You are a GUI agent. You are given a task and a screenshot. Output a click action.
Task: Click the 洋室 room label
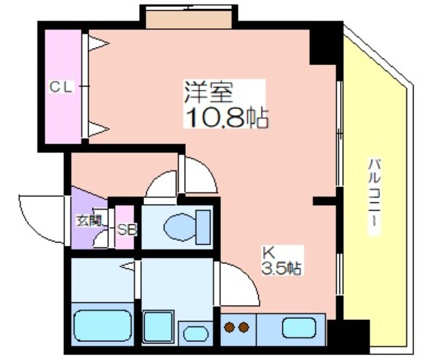pos(209,92)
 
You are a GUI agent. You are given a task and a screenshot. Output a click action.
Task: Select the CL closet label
pos(61,87)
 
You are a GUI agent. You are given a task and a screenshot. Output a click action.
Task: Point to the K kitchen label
pos(268,252)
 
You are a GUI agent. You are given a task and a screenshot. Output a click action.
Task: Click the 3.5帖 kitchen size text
pos(282,269)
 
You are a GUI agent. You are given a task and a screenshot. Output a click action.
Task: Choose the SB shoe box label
pos(126,230)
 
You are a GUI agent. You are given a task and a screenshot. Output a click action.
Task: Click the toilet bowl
pos(180,228)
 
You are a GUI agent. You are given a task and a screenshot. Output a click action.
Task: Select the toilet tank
pos(203,228)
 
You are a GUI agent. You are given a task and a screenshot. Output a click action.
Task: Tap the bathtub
pos(102,325)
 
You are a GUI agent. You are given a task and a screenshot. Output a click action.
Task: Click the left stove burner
pos(230,327)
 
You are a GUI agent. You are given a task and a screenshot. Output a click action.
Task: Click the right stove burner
pos(244,327)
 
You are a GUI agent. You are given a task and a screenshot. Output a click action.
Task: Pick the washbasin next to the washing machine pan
pos(196,334)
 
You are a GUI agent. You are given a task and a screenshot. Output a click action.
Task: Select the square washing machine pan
pos(158,326)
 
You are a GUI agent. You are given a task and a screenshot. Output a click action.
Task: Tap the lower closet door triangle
pos(99,129)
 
